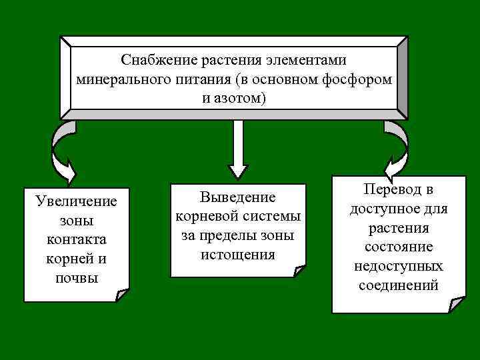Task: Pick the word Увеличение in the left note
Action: [77, 201]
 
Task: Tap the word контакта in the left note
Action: [77, 239]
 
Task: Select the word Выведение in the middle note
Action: [238, 197]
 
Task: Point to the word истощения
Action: [238, 255]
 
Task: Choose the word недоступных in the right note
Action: [399, 267]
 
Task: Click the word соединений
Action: [399, 286]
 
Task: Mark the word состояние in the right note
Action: [399, 247]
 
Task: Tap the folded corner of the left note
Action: [121, 295]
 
